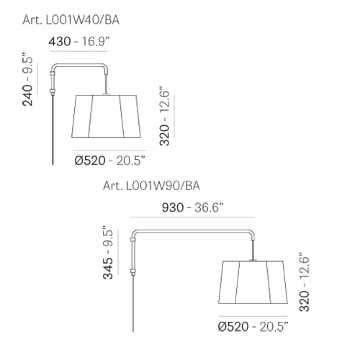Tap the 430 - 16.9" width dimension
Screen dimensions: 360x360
click(79, 41)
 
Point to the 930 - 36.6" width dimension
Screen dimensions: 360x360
click(193, 207)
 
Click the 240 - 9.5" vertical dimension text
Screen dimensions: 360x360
click(27, 79)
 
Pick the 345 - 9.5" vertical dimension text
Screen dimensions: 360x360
click(108, 253)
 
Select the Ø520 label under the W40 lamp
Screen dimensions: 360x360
click(90, 161)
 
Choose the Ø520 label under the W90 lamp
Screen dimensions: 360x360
click(233, 326)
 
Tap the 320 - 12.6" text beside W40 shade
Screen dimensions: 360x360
click(165, 116)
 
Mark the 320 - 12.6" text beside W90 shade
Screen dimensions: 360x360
click(305, 282)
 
